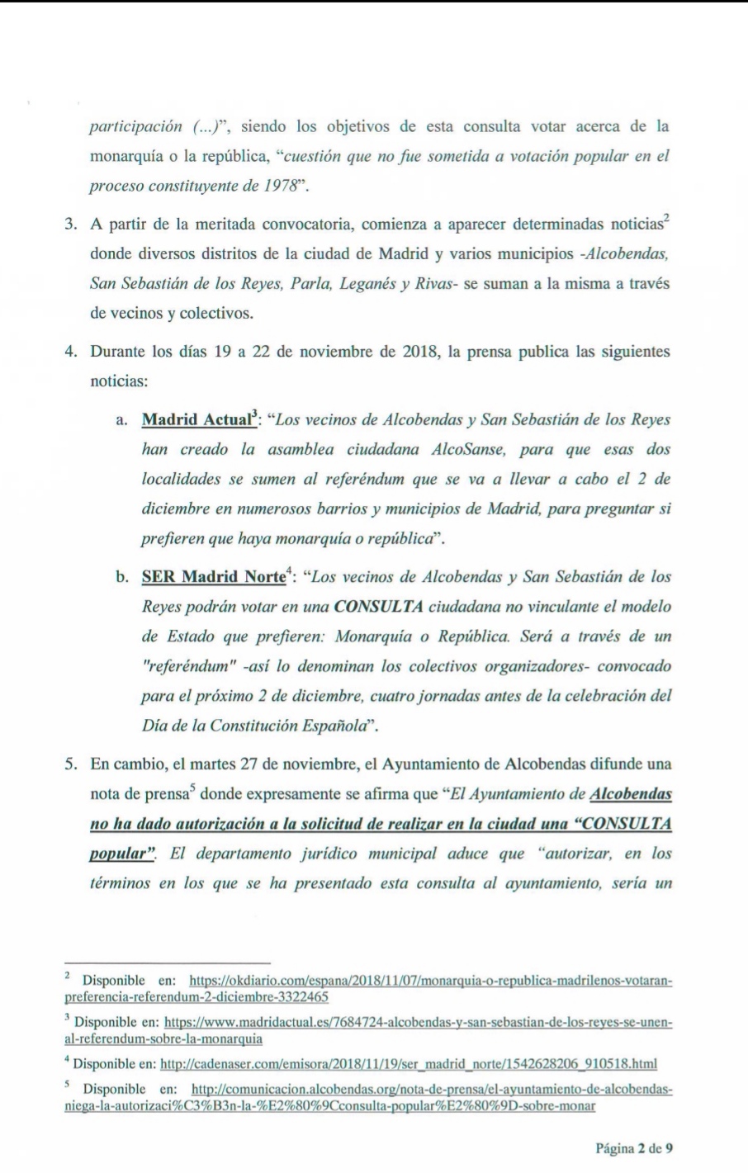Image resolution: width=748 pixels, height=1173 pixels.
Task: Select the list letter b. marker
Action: pos(121,576)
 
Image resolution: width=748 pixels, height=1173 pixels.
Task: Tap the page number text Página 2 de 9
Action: pos(635,1147)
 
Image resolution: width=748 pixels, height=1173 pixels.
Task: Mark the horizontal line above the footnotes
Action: pos(168,963)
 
